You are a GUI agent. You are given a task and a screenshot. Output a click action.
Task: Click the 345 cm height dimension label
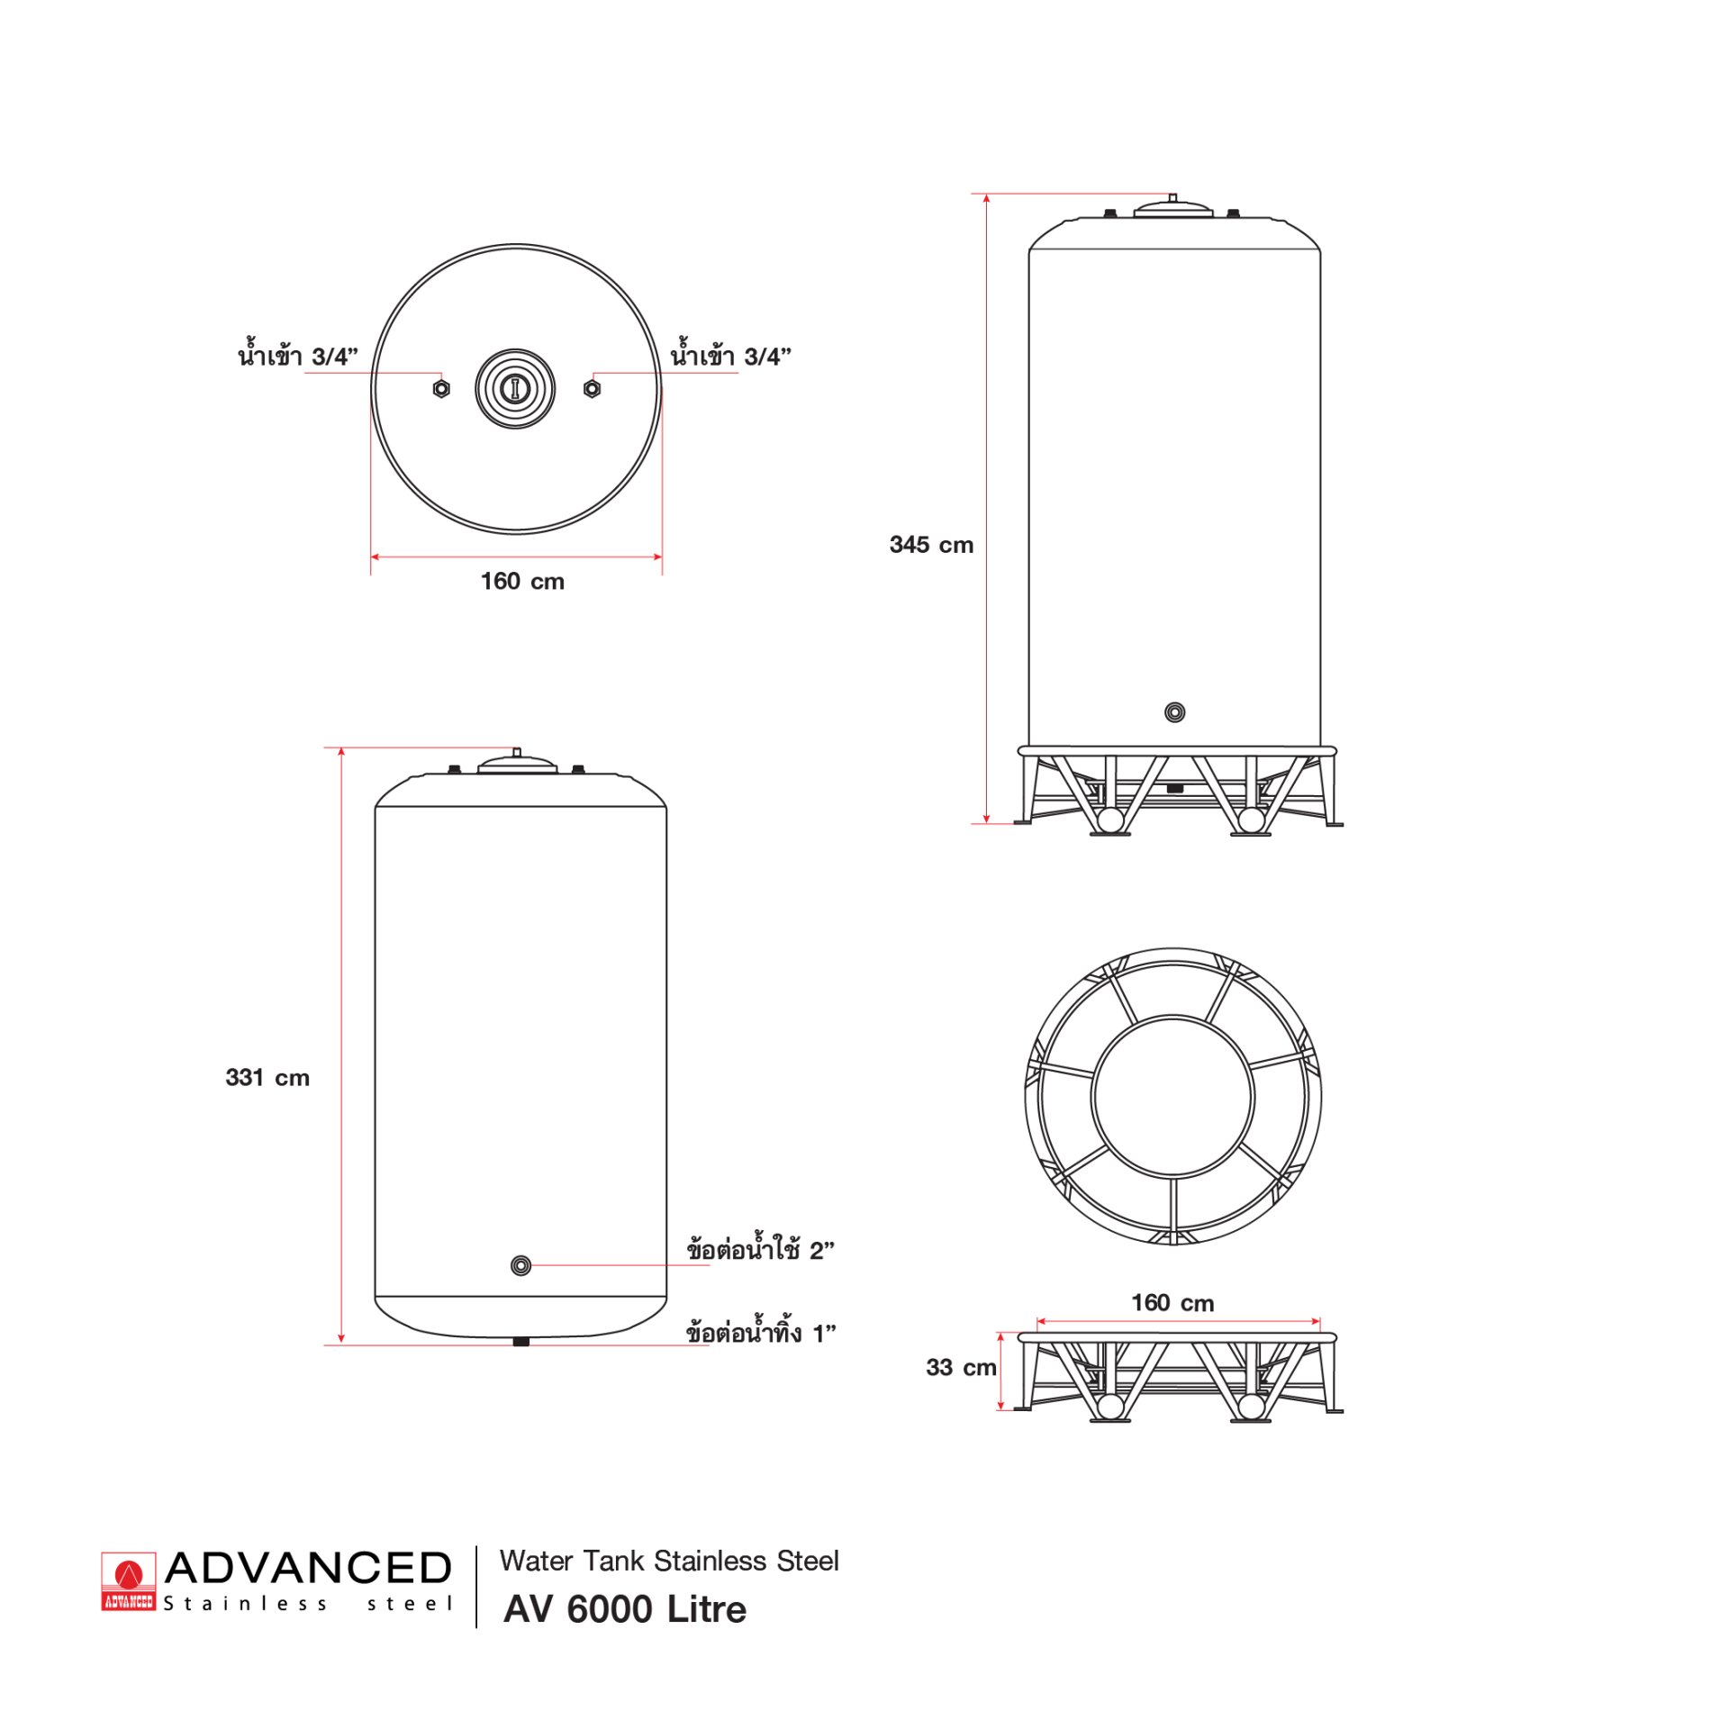click(931, 545)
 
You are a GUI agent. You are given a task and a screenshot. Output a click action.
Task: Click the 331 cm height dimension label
click(267, 1078)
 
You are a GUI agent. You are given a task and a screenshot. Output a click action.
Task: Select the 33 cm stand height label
click(961, 1367)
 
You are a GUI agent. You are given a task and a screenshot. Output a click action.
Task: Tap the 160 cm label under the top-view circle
click(522, 581)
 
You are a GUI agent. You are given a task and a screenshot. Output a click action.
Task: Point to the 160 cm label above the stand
click(1172, 1303)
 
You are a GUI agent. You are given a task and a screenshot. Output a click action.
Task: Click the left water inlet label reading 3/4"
click(298, 354)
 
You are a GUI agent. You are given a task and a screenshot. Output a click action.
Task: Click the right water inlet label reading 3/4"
click(730, 354)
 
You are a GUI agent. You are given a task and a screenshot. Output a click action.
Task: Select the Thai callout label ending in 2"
click(760, 1249)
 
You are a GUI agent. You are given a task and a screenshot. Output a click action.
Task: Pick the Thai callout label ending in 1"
click(761, 1332)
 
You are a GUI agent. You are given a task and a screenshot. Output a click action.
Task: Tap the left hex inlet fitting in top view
click(441, 388)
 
